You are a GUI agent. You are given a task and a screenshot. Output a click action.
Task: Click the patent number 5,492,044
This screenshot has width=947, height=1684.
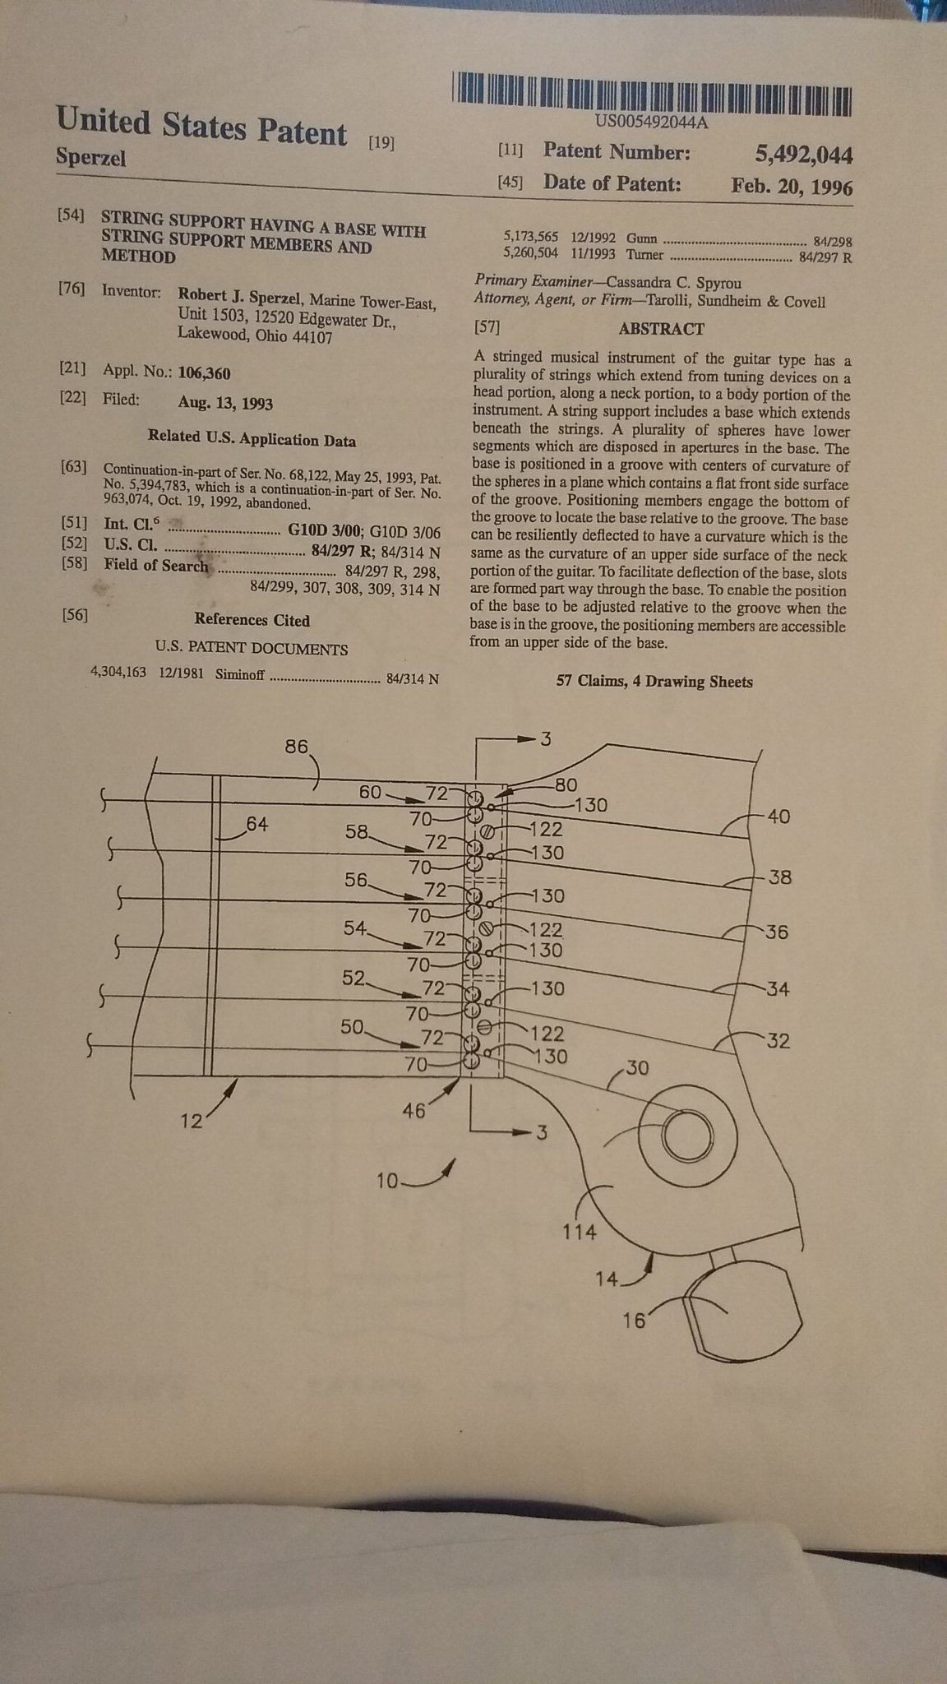pos(802,155)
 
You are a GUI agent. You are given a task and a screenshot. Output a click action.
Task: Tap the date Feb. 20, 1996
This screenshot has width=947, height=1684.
pos(791,186)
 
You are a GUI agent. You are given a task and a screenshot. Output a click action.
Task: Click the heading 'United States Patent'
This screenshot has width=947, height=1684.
pos(201,127)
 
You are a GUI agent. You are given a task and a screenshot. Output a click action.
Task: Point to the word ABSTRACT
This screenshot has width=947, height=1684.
pos(661,329)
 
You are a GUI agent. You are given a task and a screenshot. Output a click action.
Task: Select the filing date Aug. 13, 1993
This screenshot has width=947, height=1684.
pos(225,403)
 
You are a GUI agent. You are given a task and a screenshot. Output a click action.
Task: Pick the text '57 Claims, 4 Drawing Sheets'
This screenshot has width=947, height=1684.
pos(654,682)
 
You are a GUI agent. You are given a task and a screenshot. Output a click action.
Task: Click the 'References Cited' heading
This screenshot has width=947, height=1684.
pos(252,620)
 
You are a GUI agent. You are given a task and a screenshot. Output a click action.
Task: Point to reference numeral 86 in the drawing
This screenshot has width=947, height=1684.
pos(296,747)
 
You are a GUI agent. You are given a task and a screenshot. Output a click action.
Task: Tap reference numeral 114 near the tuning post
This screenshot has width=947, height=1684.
pos(580,1233)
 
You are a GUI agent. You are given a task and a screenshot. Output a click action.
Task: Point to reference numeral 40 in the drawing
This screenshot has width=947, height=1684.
pos(778,817)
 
